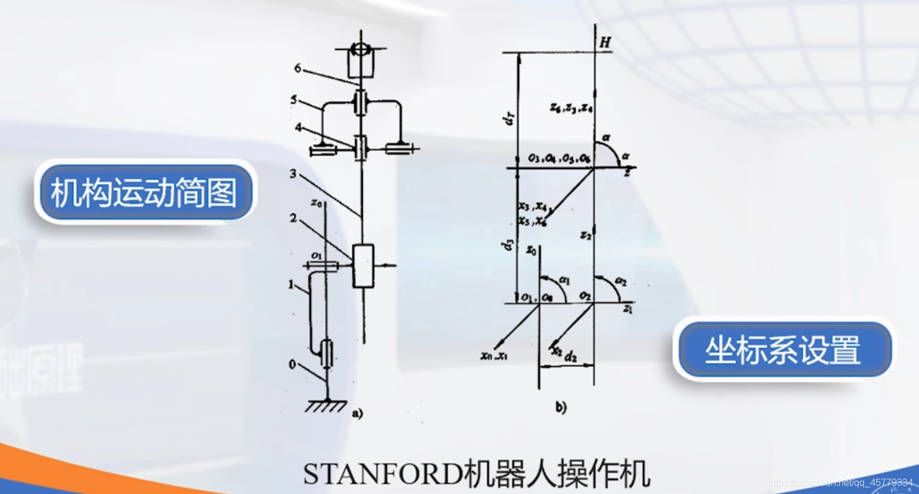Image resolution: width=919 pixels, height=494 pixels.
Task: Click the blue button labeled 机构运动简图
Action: tap(144, 192)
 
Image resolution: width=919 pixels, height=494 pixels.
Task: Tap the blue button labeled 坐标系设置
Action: tap(783, 349)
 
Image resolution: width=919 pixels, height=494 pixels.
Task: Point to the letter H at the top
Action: tap(606, 42)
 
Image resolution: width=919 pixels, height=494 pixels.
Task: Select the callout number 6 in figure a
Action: tap(297, 69)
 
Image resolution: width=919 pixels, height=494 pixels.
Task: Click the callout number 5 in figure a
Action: tap(294, 100)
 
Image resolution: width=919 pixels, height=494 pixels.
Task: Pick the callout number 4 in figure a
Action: tap(298, 128)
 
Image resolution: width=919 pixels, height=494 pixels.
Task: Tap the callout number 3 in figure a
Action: tap(293, 174)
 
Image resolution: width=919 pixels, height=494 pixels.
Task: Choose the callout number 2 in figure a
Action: tap(293, 219)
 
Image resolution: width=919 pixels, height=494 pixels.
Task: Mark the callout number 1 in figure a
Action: tap(291, 285)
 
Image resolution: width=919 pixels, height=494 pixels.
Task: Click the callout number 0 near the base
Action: tap(292, 364)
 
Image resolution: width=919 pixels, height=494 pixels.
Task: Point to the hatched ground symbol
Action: tap(325, 406)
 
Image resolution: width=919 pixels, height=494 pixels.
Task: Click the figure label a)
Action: tap(357, 413)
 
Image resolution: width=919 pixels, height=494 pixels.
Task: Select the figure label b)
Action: tap(561, 408)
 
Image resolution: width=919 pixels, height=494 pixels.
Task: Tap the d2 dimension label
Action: tap(570, 356)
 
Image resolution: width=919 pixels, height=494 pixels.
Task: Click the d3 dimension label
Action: tap(508, 244)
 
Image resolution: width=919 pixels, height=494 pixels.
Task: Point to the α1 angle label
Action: tap(564, 279)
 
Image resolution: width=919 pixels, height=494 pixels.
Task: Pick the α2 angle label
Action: tap(620, 281)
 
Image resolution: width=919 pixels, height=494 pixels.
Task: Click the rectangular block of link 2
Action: tap(363, 266)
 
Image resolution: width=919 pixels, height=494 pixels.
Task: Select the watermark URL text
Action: tap(840, 482)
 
